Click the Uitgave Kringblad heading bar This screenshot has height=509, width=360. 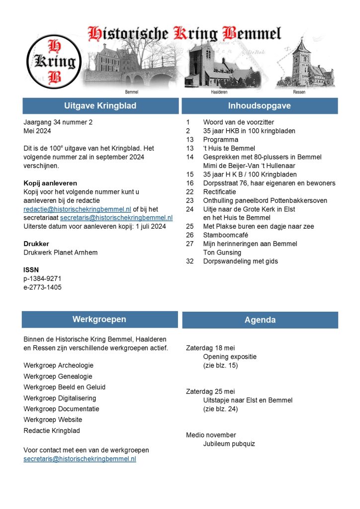tap(100, 106)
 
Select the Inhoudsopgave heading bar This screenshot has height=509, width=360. tap(260, 106)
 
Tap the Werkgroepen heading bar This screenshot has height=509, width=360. tap(99, 320)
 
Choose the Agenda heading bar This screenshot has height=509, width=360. tap(260, 320)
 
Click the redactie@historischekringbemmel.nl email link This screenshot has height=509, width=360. tap(77, 209)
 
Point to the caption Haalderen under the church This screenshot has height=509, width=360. tap(219, 92)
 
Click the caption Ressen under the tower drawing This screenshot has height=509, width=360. tap(299, 92)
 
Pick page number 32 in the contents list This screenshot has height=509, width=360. tap(189, 261)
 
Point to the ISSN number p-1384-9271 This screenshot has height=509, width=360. tap(43, 278)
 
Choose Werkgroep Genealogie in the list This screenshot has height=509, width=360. tap(58, 376)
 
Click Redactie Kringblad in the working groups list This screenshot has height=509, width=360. tap(52, 431)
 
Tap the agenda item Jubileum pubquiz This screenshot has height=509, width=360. tap(229, 444)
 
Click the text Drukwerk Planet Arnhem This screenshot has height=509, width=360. tap(61, 253)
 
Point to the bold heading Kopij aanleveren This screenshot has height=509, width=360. tap(50, 183)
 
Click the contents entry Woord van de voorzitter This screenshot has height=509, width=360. tap(238, 122)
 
